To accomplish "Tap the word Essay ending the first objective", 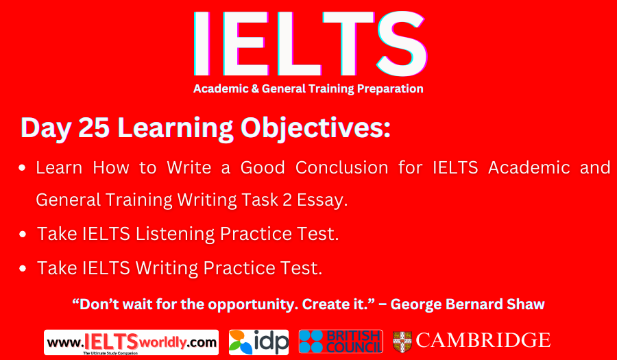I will click(x=322, y=200).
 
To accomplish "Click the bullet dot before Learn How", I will click(x=23, y=167).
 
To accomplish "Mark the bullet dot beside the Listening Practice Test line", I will click(x=23, y=235).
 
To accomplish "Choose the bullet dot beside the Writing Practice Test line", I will click(x=23, y=268).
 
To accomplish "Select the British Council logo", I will click(x=340, y=341).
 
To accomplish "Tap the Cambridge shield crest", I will click(x=402, y=341).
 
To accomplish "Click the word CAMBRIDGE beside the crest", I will click(x=483, y=340).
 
